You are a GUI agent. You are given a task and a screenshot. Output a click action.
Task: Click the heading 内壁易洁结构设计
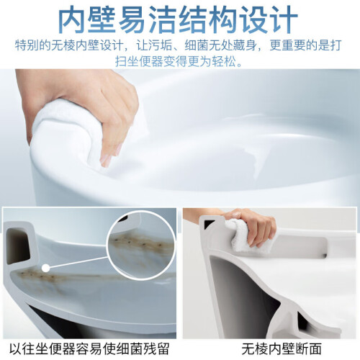click(178, 19)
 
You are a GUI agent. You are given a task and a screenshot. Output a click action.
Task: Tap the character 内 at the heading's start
click(72, 19)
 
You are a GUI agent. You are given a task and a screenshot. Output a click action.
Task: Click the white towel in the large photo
click(70, 135)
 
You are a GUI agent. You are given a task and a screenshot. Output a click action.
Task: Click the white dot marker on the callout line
click(45, 268)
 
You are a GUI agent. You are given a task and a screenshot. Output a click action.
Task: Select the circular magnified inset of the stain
click(141, 246)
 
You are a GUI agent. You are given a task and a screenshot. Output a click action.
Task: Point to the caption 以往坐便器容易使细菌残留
click(89, 349)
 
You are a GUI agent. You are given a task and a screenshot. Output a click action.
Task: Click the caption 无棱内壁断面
click(282, 349)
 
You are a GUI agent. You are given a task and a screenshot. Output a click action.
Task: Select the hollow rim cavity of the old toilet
click(18, 246)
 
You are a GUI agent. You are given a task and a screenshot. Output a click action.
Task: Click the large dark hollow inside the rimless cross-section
click(238, 288)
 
